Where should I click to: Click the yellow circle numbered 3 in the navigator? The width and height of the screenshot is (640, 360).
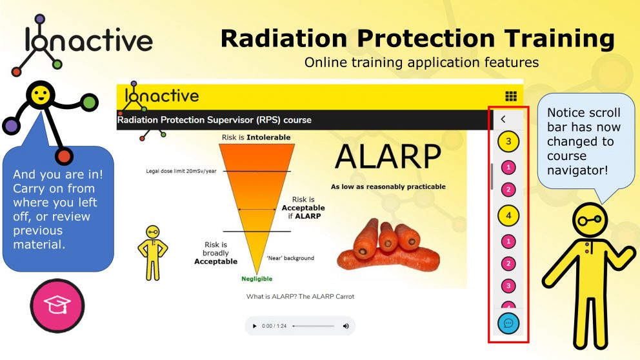508,141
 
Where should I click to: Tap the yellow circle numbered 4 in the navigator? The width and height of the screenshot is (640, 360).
508,215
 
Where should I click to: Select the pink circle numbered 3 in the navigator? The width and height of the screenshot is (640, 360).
508,285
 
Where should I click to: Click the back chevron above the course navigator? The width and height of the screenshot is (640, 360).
503,119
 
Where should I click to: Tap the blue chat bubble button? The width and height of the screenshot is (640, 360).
508,323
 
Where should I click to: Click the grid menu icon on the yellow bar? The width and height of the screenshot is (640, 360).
511,96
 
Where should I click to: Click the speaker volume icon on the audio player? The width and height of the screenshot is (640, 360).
346,326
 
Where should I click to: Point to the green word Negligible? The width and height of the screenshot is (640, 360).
257,279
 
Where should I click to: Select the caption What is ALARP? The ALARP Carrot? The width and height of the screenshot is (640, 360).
300,297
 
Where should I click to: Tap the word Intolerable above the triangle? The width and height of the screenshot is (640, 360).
269,137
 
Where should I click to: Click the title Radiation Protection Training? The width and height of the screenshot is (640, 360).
417,39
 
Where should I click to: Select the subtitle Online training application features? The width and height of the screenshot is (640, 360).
421,63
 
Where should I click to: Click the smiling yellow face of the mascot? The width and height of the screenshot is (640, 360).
41,97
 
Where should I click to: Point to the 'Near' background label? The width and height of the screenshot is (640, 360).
290,258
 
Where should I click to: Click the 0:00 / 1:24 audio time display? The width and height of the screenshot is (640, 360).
274,326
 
